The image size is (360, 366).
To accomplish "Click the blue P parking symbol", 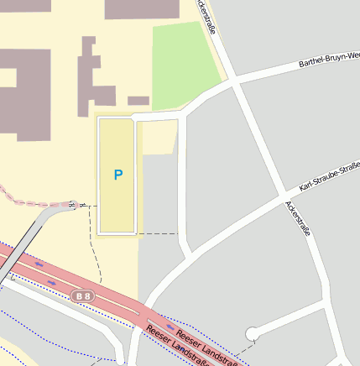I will point(118,175).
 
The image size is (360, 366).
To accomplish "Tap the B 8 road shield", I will point(81,295).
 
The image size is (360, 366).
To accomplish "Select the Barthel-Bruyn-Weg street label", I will point(330,57).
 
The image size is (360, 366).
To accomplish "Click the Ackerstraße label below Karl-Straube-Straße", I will point(298,217).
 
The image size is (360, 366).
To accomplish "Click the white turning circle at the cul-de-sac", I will point(252,334).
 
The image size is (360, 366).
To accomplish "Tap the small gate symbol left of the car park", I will point(73,204).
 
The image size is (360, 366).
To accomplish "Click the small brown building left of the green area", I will point(138,101).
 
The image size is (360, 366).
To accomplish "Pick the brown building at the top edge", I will point(141,9).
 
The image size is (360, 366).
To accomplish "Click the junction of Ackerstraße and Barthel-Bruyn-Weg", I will point(232,81).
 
